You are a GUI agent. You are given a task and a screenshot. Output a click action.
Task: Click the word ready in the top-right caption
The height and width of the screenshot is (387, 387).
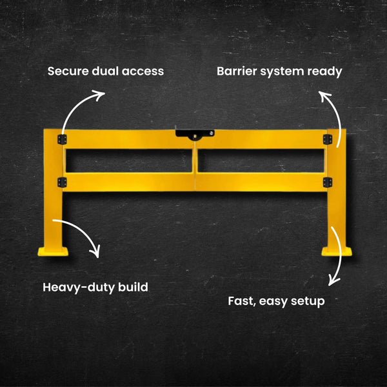324,72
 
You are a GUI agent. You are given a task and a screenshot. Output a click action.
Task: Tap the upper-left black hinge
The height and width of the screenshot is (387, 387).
62,139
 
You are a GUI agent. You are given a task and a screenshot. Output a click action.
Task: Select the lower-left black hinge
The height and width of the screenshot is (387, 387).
62,182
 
